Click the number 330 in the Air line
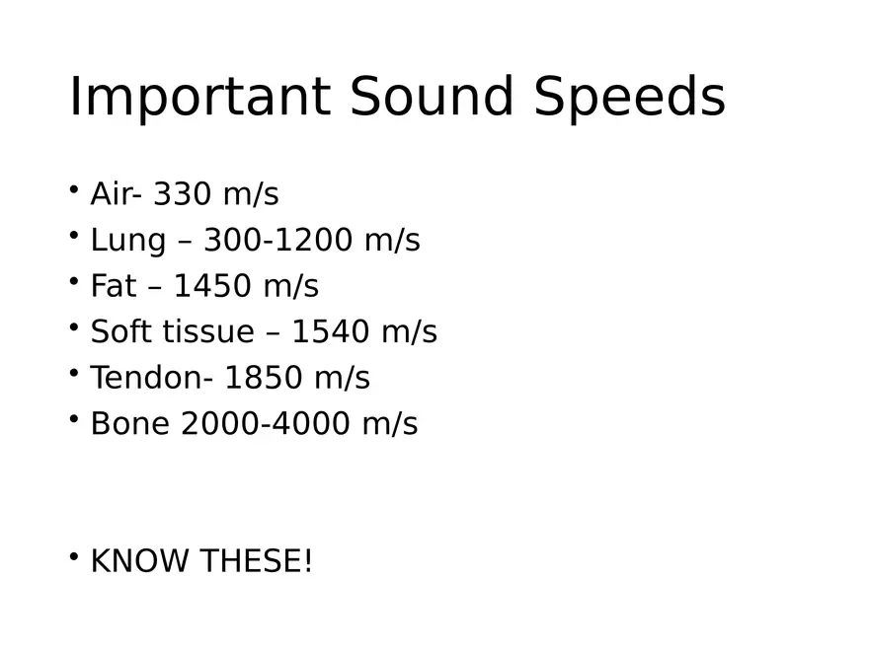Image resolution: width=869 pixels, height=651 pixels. (x=183, y=194)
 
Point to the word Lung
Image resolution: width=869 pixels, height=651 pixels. (x=126, y=241)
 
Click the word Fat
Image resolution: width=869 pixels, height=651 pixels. (x=114, y=286)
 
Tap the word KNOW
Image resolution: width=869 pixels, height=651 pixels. (x=139, y=561)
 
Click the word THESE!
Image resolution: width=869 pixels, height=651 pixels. (x=256, y=561)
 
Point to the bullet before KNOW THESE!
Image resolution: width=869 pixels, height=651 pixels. (x=74, y=556)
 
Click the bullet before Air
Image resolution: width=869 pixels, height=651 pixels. (x=74, y=189)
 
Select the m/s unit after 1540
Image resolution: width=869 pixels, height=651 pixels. (x=408, y=332)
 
